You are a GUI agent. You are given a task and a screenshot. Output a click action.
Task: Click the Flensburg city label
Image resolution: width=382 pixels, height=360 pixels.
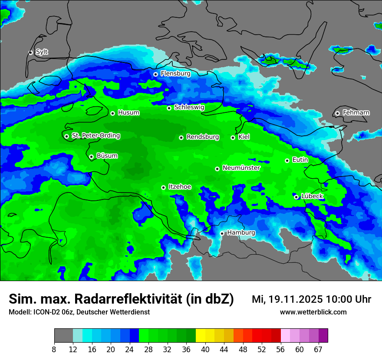pyautogui.click(x=175, y=74)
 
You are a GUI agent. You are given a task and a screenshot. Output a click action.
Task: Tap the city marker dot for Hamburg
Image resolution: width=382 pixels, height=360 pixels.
pyautogui.click(x=222, y=233)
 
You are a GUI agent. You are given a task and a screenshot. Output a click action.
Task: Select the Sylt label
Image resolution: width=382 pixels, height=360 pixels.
pyautogui.click(x=42, y=52)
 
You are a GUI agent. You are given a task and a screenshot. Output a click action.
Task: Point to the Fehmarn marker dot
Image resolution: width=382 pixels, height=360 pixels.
pyautogui.click(x=337, y=113)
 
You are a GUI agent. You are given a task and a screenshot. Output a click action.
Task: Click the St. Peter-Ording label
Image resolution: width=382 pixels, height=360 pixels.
pyautogui.click(x=95, y=136)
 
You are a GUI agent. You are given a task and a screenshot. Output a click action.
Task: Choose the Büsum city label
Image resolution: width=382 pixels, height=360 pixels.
pyautogui.click(x=107, y=156)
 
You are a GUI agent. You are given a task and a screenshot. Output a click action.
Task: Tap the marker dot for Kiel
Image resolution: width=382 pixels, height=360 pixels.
pyautogui.click(x=233, y=137)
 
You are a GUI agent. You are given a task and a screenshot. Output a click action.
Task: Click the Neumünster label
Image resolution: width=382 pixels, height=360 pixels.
pyautogui.click(x=241, y=168)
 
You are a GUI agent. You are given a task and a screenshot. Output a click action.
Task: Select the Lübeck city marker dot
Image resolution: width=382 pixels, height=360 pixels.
pyautogui.click(x=296, y=197)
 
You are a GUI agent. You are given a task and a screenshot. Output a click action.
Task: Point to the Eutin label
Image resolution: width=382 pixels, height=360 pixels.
pyautogui.click(x=300, y=160)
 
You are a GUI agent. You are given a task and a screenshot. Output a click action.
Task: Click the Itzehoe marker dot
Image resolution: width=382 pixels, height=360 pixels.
pyautogui.click(x=163, y=187)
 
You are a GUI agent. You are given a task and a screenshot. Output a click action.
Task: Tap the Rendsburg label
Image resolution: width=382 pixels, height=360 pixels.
pyautogui.click(x=203, y=137)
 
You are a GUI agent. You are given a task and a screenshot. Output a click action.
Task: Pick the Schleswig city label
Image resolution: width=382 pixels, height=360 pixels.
pyautogui.click(x=189, y=107)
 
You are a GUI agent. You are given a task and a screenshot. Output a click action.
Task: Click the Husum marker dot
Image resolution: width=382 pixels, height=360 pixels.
pyautogui.click(x=112, y=113)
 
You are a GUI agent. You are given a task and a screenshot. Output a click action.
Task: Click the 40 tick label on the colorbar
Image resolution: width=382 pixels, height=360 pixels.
pyautogui.click(x=205, y=350)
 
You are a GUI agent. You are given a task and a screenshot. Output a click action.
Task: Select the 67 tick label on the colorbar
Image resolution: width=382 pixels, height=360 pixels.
pyautogui.click(x=318, y=350)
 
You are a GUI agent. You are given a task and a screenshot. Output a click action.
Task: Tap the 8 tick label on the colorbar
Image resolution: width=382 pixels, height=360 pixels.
pyautogui.click(x=54, y=350)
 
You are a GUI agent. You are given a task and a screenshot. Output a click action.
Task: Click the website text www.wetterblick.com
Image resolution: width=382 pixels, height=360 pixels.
pyautogui.click(x=313, y=312)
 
